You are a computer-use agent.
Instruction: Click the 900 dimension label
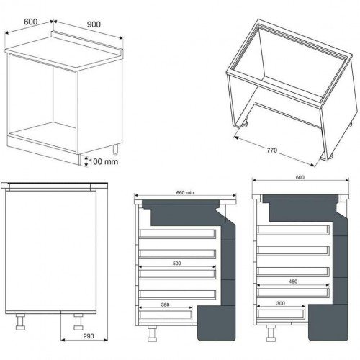pyautogui.click(x=94, y=24)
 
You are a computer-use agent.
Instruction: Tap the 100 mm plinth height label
pyautogui.click(x=104, y=161)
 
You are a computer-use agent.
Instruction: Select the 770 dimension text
pyautogui.click(x=272, y=150)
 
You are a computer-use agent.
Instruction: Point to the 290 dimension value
pyautogui.click(x=89, y=336)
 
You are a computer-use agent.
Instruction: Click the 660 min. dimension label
pyautogui.click(x=186, y=192)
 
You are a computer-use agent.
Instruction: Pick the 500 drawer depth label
pyautogui.click(x=176, y=264)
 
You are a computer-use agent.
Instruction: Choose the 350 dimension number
pyautogui.click(x=165, y=305)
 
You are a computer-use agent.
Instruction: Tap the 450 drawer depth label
pyautogui.click(x=293, y=282)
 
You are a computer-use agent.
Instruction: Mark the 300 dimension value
pyautogui.click(x=281, y=303)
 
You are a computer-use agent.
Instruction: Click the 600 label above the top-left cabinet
pyautogui.click(x=31, y=22)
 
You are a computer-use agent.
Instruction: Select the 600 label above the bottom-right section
pyautogui.click(x=300, y=177)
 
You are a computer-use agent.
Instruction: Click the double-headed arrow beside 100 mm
pyautogui.click(x=86, y=161)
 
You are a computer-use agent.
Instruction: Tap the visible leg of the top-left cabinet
pyautogui.click(x=116, y=149)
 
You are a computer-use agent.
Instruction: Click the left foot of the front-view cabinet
pyautogui.click(x=20, y=322)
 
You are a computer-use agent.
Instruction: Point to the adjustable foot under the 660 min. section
pyautogui.click(x=152, y=333)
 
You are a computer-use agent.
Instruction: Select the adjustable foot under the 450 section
pyautogui.click(x=271, y=333)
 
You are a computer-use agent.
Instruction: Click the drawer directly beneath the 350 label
pyautogui.click(x=166, y=315)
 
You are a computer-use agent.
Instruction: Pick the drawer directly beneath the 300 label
pyautogui.click(x=281, y=313)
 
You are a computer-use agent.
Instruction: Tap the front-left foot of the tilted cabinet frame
pyautogui.click(x=244, y=125)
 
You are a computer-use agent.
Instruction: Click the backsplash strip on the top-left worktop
pyautogui.click(x=87, y=40)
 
